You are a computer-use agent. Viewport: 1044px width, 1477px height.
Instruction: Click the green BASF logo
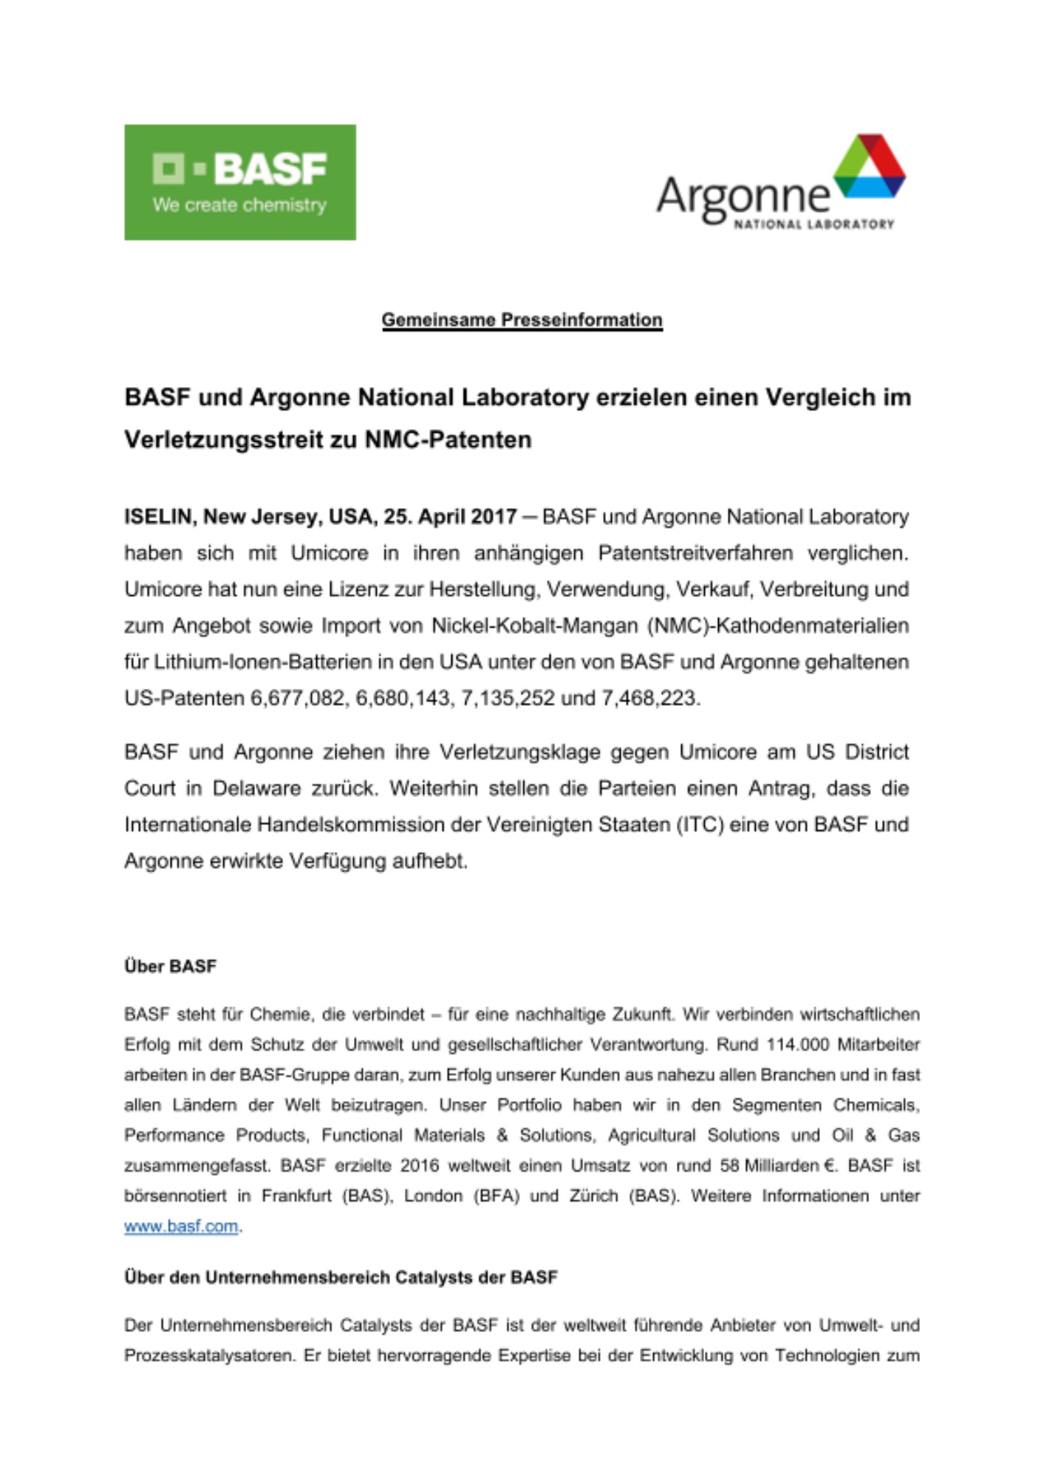[239, 182]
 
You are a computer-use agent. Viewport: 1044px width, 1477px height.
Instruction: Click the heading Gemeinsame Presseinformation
[522, 320]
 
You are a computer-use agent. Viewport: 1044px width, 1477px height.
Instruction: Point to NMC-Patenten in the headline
[448, 439]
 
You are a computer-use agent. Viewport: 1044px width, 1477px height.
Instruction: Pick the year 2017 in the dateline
[493, 516]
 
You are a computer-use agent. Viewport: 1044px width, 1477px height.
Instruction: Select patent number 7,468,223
[649, 698]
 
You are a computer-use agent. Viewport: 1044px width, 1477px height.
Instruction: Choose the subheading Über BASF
[170, 966]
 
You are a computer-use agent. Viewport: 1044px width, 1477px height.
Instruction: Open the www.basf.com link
[181, 1226]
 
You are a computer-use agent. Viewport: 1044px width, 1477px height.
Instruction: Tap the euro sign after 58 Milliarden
[828, 1165]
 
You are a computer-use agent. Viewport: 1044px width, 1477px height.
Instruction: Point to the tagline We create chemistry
[239, 205]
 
